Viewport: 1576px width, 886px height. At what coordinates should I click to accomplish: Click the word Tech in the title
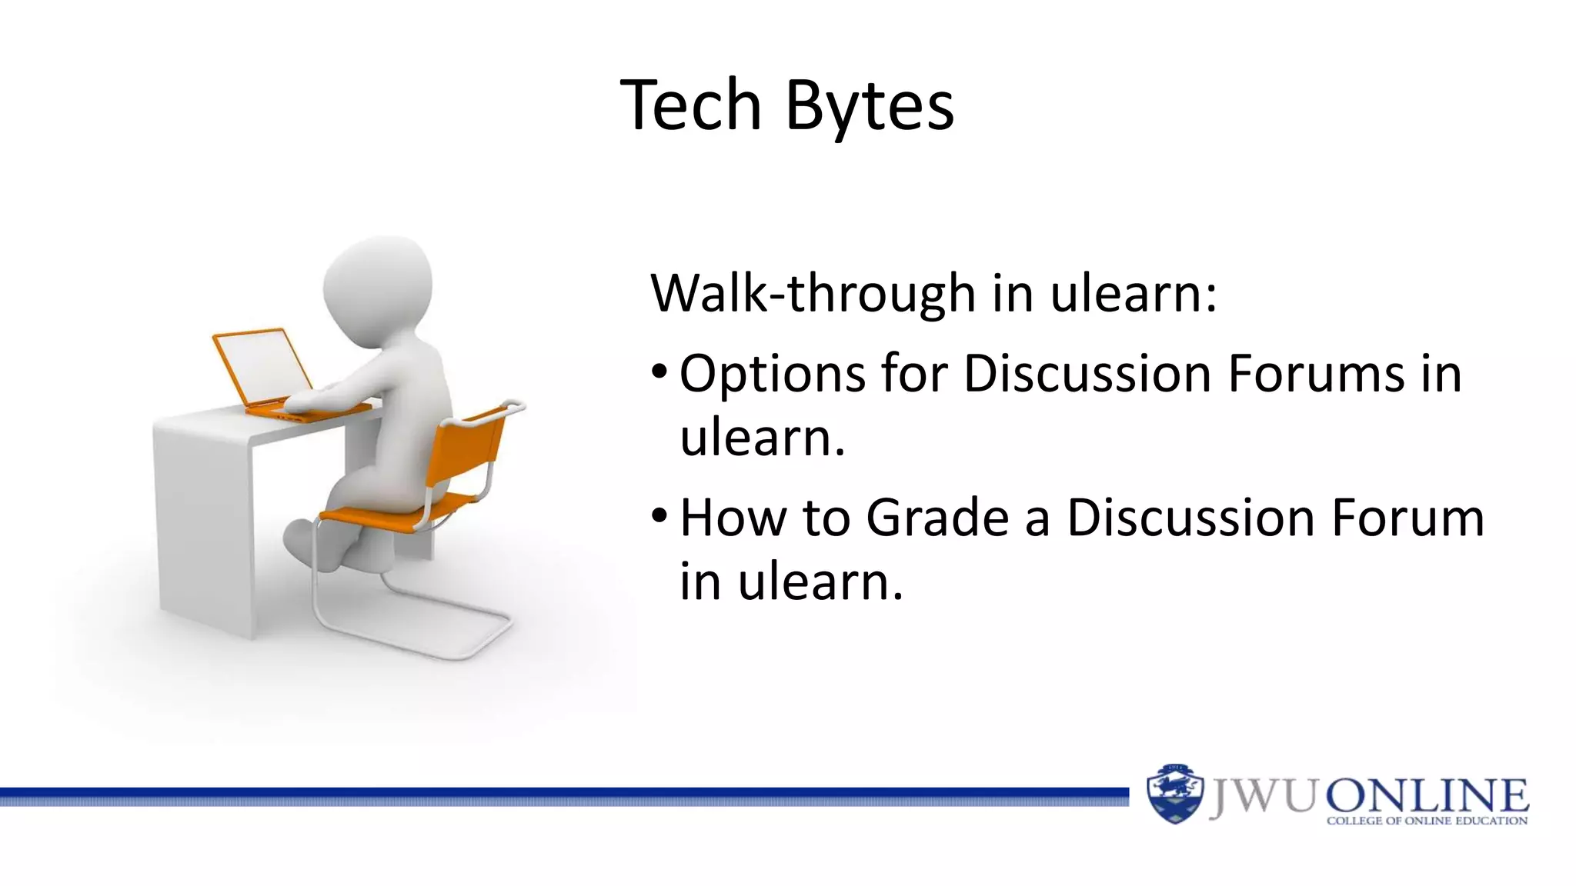[690, 105]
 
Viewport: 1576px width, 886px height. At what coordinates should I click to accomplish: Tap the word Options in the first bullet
[772, 375]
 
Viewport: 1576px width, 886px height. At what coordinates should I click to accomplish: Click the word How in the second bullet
[733, 518]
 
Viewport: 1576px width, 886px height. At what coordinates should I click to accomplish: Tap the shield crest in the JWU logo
[1174, 794]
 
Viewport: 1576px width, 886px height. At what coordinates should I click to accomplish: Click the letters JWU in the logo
[1263, 797]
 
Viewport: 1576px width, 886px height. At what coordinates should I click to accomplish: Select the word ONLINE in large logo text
[1426, 795]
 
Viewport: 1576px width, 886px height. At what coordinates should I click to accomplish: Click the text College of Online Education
[1427, 821]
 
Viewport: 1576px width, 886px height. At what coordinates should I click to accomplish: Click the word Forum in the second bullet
[1407, 518]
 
